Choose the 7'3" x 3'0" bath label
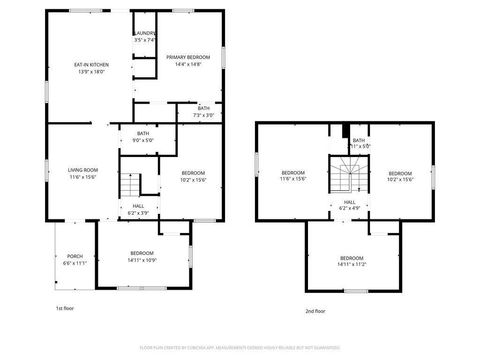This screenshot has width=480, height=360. (203, 111)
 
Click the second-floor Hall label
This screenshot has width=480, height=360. (350, 203)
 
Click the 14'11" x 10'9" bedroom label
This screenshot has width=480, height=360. (141, 256)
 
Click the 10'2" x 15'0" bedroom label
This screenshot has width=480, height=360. (193, 176)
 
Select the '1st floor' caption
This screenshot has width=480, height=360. (65, 309)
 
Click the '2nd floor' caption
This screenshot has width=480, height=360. (316, 311)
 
